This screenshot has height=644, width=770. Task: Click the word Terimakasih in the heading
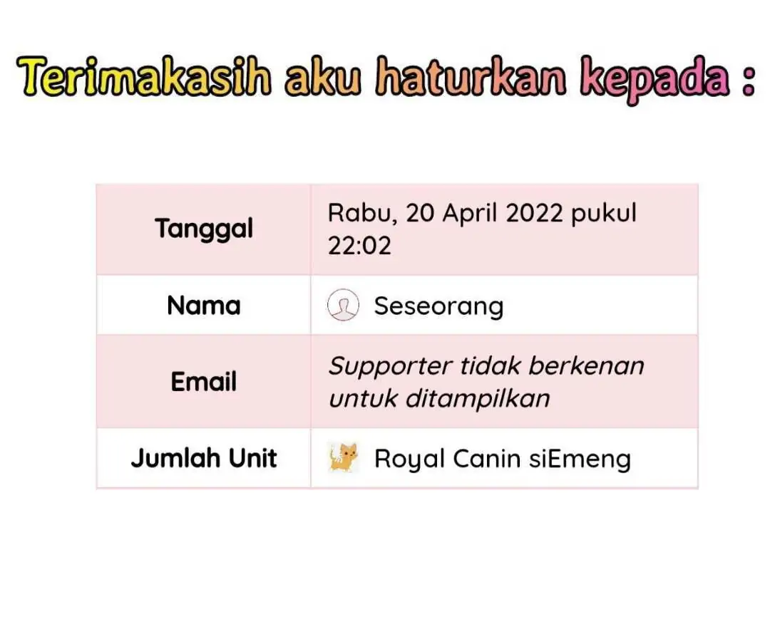click(144, 76)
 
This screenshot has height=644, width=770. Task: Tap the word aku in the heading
click(323, 76)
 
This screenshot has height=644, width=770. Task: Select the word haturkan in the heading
click(471, 76)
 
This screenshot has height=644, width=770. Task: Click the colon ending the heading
click(748, 81)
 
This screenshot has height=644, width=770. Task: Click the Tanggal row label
click(204, 229)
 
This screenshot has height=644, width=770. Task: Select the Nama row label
click(204, 306)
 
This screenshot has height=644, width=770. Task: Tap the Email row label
click(204, 381)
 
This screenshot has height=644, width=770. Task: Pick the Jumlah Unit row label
click(204, 458)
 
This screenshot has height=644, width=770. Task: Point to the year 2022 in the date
click(534, 213)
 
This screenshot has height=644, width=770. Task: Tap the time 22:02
click(359, 246)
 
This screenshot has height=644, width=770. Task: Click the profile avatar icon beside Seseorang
click(343, 305)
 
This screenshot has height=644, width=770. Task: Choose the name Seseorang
click(439, 307)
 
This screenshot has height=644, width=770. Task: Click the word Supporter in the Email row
click(390, 367)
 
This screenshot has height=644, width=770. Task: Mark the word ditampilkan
click(477, 398)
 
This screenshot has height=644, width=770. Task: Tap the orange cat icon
click(343, 457)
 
